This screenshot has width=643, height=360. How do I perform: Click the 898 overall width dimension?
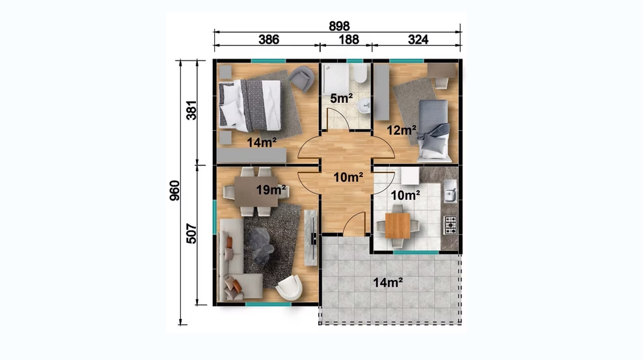[339, 26]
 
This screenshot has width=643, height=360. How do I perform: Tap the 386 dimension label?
[269, 39]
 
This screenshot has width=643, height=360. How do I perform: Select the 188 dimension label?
[349, 39]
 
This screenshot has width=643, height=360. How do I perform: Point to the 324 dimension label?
[418, 39]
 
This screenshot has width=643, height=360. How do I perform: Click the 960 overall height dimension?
[174, 191]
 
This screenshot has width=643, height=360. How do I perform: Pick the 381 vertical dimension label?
[191, 110]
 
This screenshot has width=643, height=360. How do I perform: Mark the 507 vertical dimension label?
[191, 234]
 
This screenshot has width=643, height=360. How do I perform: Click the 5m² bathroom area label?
[342, 98]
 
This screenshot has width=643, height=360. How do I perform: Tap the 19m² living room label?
[271, 190]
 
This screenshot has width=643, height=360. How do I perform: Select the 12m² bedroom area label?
[402, 130]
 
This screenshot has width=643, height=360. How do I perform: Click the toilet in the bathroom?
[361, 73]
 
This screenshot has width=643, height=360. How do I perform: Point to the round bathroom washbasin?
[364, 107]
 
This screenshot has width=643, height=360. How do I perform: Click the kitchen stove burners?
[450, 225]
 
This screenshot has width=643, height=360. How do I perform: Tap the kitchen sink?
[450, 191]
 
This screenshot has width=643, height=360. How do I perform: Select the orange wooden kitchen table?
[398, 225]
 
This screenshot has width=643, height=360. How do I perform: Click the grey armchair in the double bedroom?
[301, 78]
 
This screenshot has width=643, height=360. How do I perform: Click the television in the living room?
[314, 238]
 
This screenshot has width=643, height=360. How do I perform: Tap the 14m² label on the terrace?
[387, 283]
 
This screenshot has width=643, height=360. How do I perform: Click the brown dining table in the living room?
[256, 191]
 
